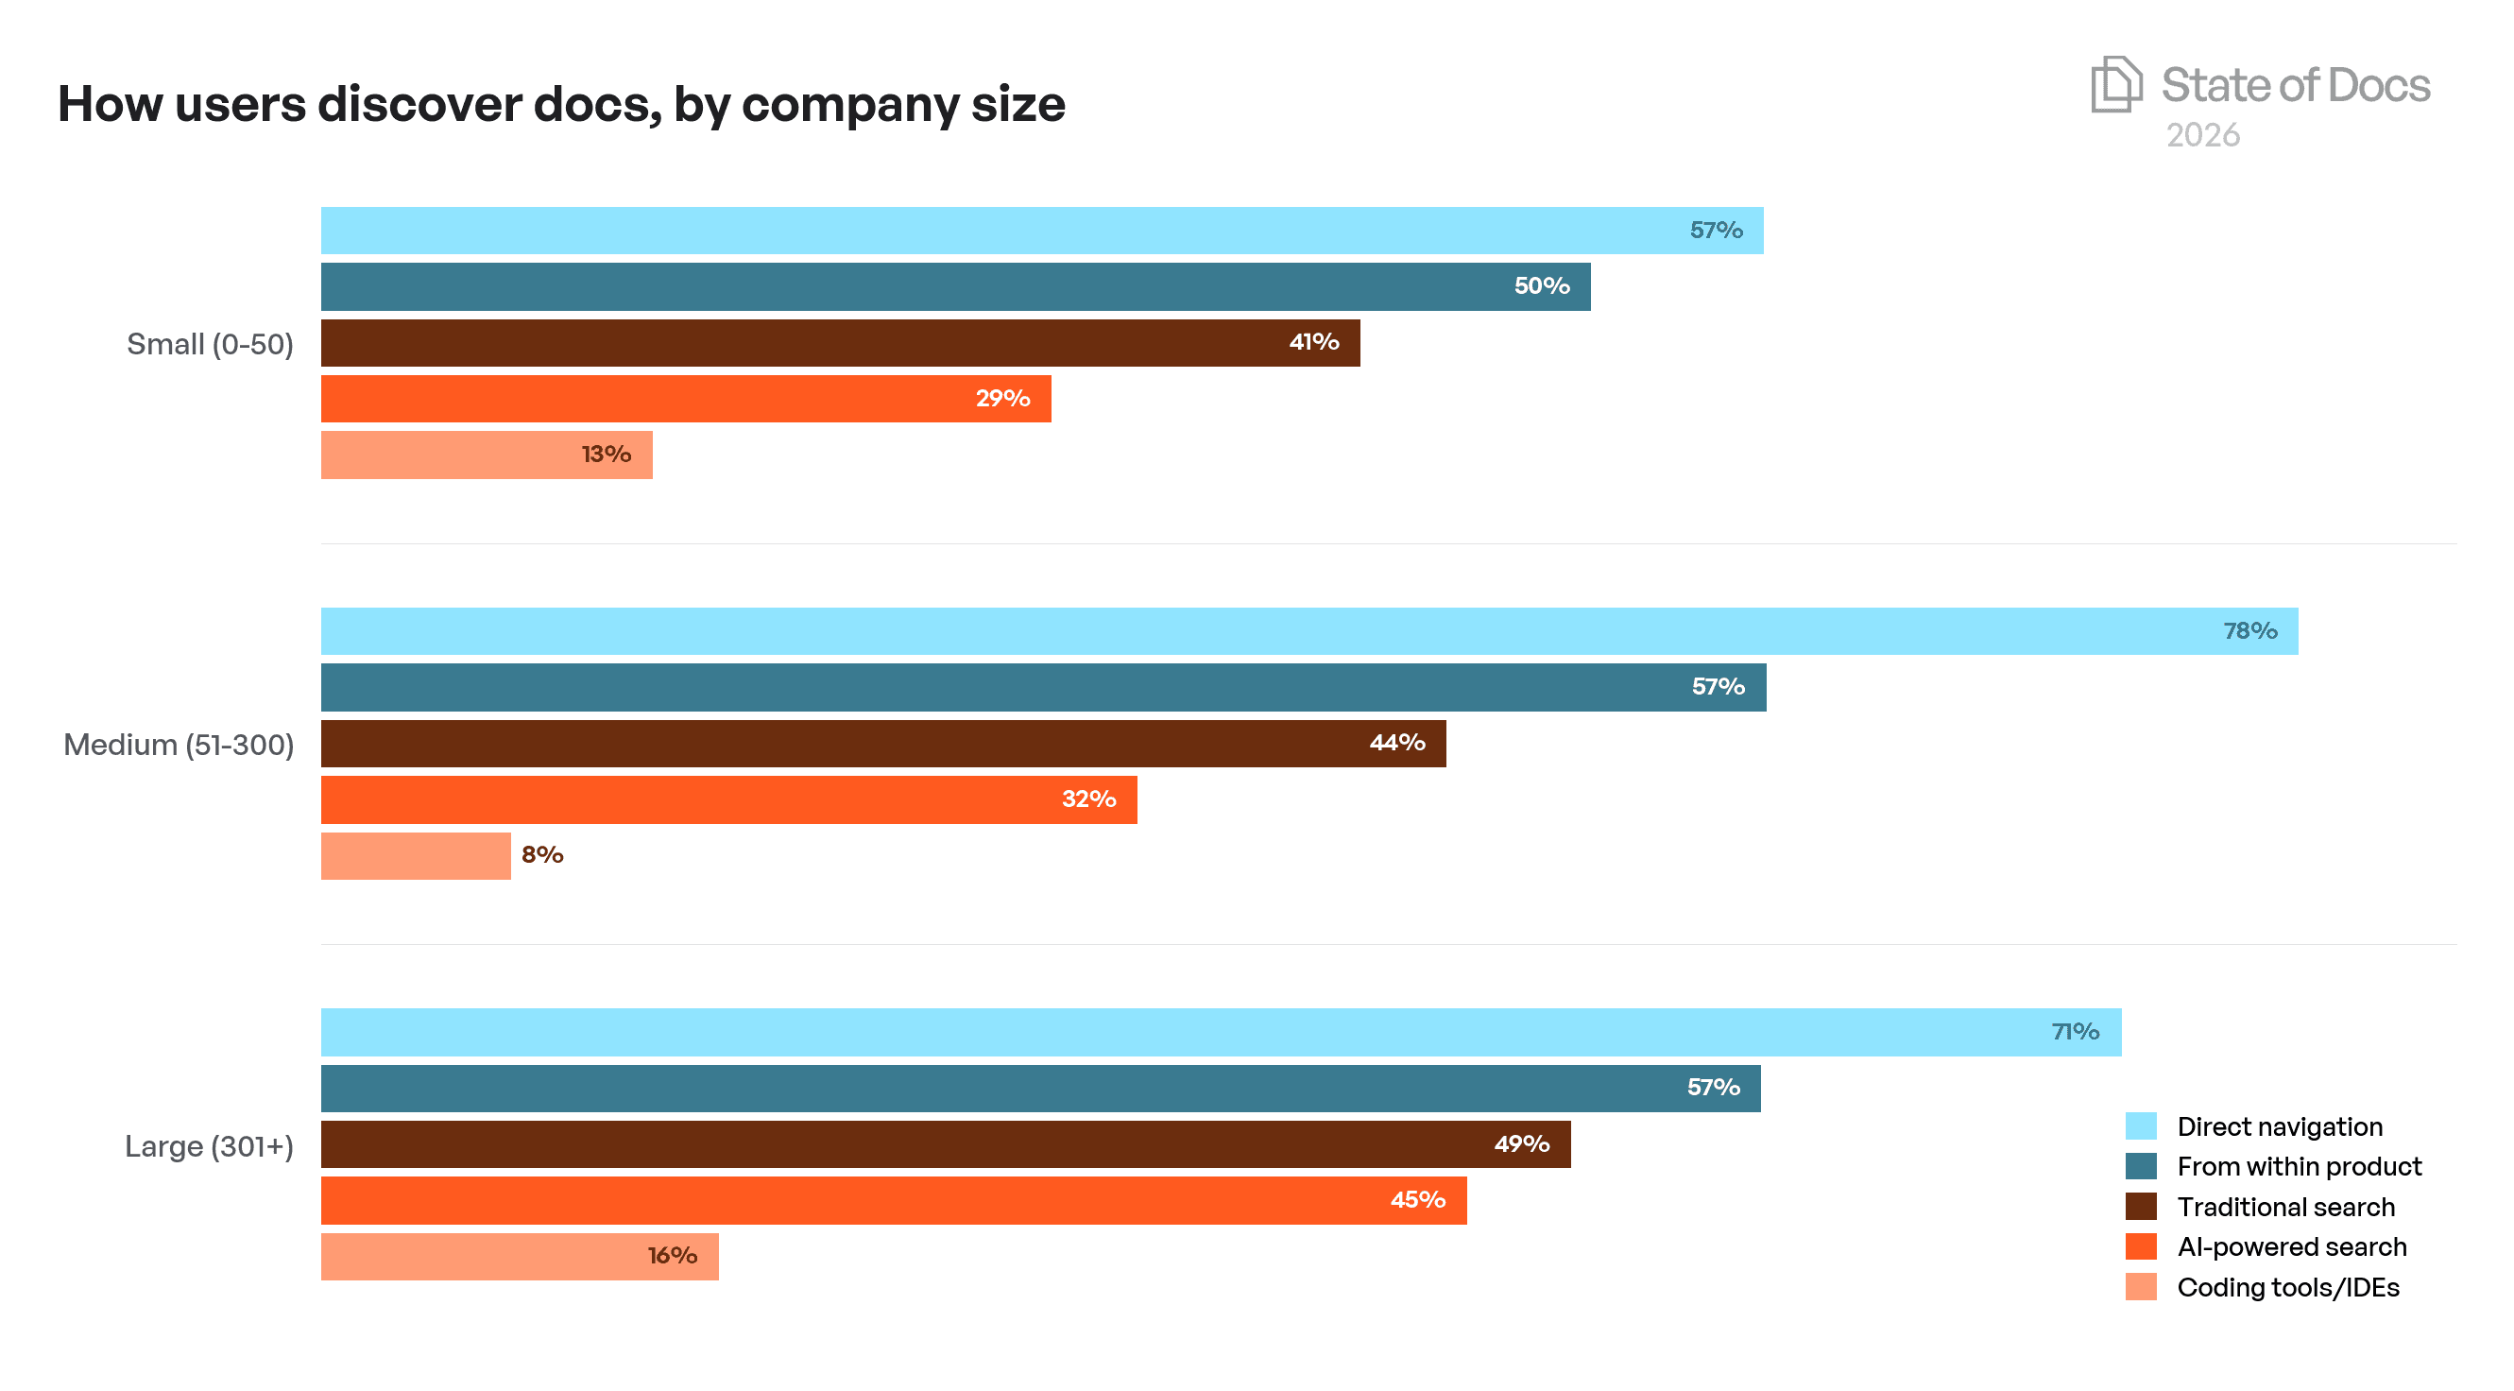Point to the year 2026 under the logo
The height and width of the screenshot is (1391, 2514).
point(2202,135)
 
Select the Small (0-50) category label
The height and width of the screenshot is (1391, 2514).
point(210,344)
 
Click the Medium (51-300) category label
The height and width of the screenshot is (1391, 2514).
point(179,745)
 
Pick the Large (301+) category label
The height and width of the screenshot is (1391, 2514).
point(209,1146)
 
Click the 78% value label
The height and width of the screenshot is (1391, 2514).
point(2249,631)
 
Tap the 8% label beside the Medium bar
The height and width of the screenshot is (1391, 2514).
point(541,855)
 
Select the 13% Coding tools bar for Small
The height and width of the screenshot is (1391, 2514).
point(486,455)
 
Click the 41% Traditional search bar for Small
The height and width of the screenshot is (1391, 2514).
point(839,343)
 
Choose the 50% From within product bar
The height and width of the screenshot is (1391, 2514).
point(954,287)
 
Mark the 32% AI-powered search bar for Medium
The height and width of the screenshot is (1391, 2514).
point(728,799)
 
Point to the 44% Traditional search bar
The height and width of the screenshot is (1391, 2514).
point(882,744)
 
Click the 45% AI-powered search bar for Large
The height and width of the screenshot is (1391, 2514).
point(893,1200)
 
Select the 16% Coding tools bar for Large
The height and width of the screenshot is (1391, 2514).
point(520,1256)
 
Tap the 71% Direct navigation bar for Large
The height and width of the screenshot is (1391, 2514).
point(1220,1032)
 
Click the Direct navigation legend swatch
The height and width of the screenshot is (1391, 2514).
point(2140,1126)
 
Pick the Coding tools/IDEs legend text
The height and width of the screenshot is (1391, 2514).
point(2287,1288)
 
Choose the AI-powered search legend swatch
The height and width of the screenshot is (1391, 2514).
point(2140,1246)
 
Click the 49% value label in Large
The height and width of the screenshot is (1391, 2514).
point(1520,1144)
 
